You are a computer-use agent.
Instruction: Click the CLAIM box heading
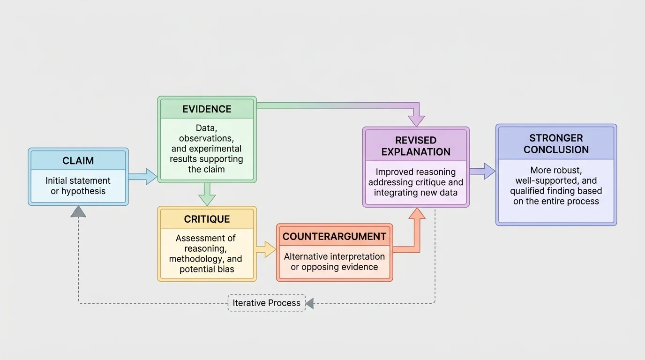(78, 161)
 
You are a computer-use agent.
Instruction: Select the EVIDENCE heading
(207, 109)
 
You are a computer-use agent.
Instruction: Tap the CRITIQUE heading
(207, 219)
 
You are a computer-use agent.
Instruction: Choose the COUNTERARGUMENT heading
(334, 237)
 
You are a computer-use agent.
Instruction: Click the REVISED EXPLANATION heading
(416, 146)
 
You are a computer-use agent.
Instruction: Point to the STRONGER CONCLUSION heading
(556, 144)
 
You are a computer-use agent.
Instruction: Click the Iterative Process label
(266, 303)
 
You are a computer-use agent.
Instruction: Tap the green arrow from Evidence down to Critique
(207, 194)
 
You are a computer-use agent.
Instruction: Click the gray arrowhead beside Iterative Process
(309, 303)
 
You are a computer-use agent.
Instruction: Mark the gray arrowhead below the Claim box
(78, 212)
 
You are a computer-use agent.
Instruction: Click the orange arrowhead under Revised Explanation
(416, 214)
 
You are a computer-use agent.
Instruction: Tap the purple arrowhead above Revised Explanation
(416, 120)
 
